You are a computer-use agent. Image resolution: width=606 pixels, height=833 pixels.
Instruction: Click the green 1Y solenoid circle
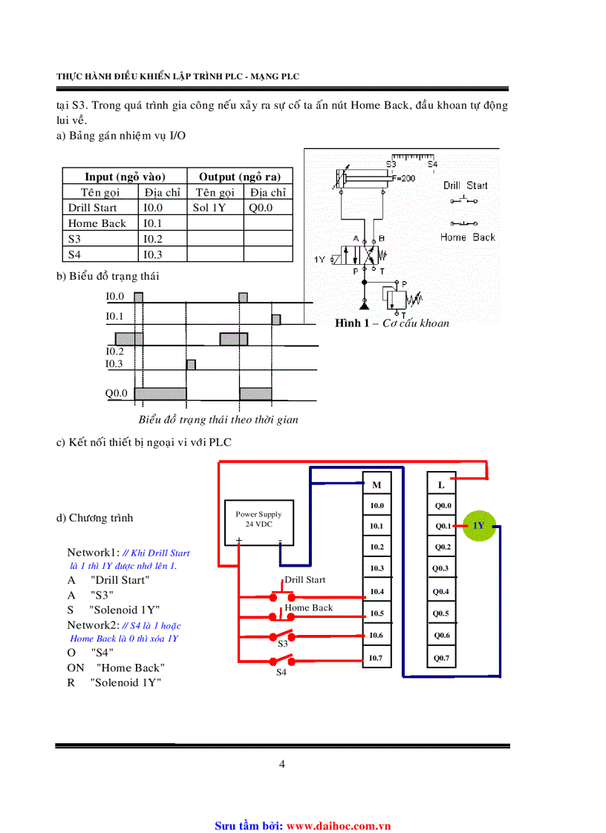479,526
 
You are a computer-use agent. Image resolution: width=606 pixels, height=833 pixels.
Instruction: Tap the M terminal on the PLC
377,484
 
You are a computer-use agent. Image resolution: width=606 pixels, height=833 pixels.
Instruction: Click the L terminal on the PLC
441,484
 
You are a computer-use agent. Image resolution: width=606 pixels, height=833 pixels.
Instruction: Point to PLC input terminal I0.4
377,591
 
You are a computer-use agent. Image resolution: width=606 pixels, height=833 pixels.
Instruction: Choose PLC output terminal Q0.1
443,526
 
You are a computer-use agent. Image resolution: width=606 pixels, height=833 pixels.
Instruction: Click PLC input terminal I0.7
377,657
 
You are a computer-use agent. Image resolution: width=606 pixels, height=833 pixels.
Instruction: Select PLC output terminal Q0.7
442,657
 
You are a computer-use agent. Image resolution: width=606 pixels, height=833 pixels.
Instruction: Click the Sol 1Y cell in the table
209,208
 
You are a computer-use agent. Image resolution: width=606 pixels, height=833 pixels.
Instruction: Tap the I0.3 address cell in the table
153,254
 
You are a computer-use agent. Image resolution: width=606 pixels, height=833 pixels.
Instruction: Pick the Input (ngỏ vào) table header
125,177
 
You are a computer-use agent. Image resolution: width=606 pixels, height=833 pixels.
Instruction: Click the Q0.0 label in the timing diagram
117,393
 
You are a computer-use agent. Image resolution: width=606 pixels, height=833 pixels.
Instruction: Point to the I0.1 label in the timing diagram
114,317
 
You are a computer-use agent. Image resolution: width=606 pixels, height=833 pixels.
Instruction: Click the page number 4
282,764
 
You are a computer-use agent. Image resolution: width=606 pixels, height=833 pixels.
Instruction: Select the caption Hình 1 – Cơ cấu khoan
392,323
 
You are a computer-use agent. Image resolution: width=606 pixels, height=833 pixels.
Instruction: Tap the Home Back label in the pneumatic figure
467,237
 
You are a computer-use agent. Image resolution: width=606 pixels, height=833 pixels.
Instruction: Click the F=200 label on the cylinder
404,178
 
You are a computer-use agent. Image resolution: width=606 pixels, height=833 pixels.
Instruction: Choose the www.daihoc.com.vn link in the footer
339,825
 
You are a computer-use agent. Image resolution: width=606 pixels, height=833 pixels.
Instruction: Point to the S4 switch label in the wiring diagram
281,672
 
